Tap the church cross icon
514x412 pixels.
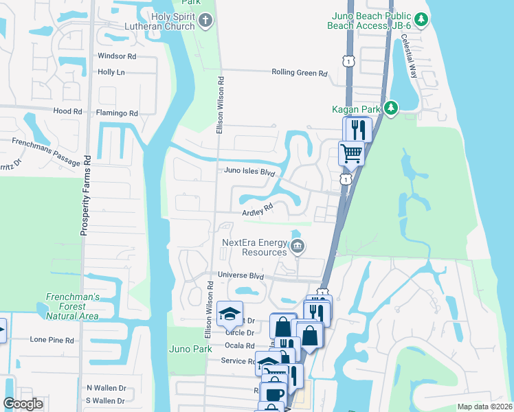[204, 20]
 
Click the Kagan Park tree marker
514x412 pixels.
[391, 108]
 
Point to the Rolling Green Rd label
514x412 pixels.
[299, 72]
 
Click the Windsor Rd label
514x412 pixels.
[117, 56]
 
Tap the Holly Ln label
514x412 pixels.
[111, 71]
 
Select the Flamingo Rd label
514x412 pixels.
[118, 113]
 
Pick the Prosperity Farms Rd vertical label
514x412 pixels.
[87, 195]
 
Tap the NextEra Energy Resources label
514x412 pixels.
[254, 247]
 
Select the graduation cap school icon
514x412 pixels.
[230, 314]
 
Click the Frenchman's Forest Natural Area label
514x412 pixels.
[72, 306]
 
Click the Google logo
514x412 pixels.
[23, 404]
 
